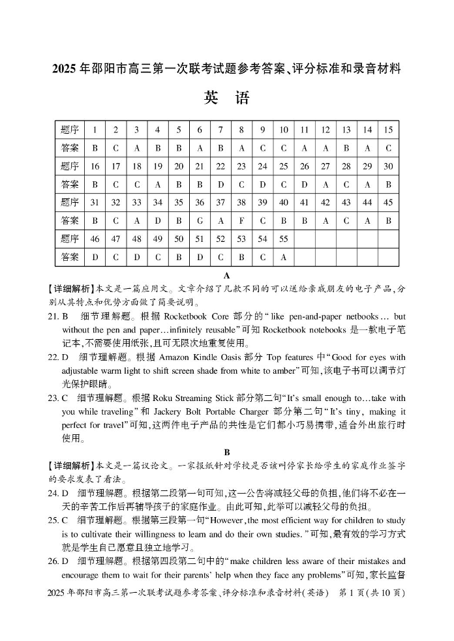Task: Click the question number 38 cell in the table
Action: click(x=241, y=203)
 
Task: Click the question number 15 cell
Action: click(x=388, y=130)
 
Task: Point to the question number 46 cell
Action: click(x=95, y=239)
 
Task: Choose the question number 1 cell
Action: click(x=95, y=130)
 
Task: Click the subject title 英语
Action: click(x=226, y=98)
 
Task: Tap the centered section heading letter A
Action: click(x=227, y=275)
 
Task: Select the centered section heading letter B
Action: click(x=227, y=452)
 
